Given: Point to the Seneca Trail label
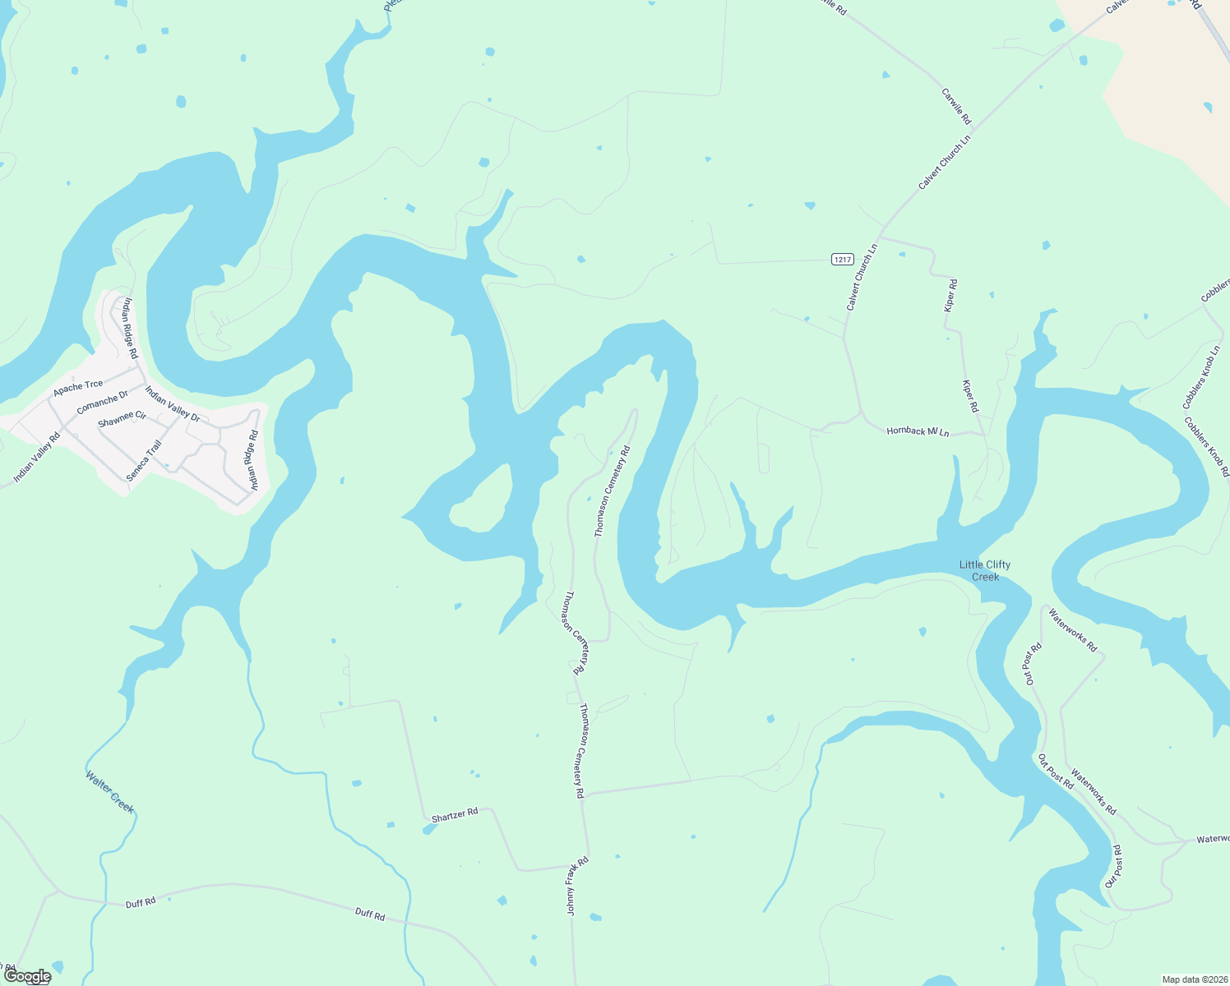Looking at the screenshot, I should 144,461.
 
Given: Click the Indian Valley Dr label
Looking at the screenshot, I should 173,403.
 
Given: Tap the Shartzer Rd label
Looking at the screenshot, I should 455,814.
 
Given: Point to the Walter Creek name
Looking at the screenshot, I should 110,791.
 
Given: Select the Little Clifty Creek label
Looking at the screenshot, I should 985,570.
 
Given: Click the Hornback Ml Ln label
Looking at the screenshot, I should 918,431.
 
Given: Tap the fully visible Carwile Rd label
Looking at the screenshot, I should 956,106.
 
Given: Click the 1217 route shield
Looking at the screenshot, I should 842,260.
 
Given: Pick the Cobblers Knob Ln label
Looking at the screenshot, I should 1201,378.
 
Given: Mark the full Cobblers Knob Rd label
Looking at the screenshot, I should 1206,446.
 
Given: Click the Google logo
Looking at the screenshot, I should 27,976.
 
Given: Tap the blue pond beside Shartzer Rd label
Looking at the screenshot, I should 428,829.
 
